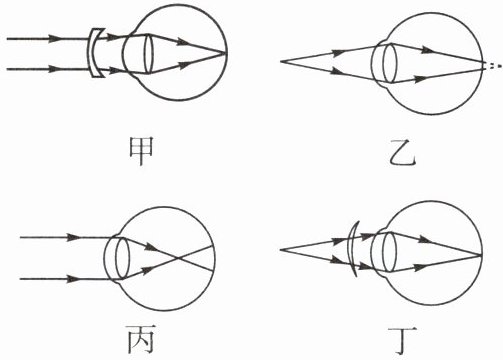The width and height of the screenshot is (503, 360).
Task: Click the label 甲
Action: tap(141, 151)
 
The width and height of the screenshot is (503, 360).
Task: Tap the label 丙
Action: tap(140, 339)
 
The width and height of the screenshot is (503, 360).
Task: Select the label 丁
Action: tap(402, 341)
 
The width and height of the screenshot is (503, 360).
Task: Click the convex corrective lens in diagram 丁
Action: tap(351, 248)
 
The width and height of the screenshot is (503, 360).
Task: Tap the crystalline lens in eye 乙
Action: tap(389, 63)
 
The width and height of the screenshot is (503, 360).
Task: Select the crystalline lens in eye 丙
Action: tap(122, 258)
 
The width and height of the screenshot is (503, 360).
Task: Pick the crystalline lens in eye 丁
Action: tap(389, 252)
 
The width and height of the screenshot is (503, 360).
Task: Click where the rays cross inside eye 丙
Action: tap(179, 258)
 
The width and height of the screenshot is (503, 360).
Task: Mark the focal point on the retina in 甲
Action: tap(226, 53)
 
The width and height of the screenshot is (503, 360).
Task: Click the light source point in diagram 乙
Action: tap(281, 62)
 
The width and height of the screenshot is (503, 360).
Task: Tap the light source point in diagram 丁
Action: tap(281, 250)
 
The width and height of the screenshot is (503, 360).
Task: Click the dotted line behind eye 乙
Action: tap(493, 66)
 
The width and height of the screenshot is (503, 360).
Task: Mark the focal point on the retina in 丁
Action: tap(481, 255)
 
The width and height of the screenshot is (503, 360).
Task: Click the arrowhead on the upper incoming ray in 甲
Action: tap(55, 39)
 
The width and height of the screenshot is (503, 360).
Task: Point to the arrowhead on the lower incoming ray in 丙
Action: tap(73, 279)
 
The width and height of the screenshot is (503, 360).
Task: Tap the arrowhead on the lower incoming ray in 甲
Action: tap(55, 69)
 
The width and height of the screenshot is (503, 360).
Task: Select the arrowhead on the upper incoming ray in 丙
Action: tap(73, 237)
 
